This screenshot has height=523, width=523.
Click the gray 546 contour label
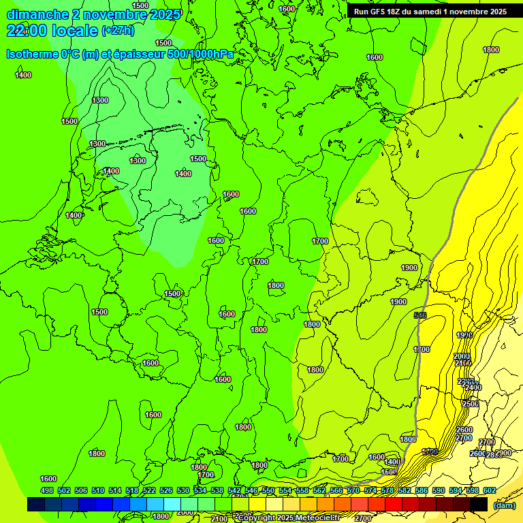click(420, 315)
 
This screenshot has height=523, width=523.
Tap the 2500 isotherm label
click(471, 404)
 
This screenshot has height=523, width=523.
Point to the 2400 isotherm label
click(473, 387)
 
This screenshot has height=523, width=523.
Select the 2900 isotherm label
click(503, 453)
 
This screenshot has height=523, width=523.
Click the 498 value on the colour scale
click(47, 490)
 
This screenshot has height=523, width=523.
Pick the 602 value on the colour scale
click(490, 490)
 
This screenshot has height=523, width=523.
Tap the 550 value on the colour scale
click(268, 490)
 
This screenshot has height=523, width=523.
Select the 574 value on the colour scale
click(370, 490)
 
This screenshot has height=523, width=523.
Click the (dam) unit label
click(503, 505)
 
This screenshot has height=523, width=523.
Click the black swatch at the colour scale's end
click(479, 504)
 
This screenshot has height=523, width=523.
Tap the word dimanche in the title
click(37, 14)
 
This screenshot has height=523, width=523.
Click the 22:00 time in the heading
click(25, 31)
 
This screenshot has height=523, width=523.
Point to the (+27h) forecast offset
click(118, 31)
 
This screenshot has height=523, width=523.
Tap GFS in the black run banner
click(381, 12)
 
